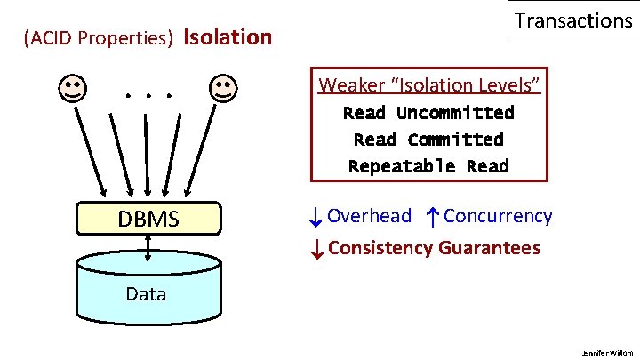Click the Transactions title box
tap(572, 20)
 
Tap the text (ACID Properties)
tap(99, 39)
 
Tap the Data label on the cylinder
tap(146, 293)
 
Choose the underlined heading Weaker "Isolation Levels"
tap(429, 85)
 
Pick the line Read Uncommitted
tap(428, 113)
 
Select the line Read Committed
tap(428, 140)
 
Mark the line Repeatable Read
tap(428, 166)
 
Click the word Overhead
tap(369, 216)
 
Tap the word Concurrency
tap(498, 216)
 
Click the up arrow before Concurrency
tap(431, 216)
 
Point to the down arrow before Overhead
tap(316, 216)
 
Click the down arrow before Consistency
tap(316, 249)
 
